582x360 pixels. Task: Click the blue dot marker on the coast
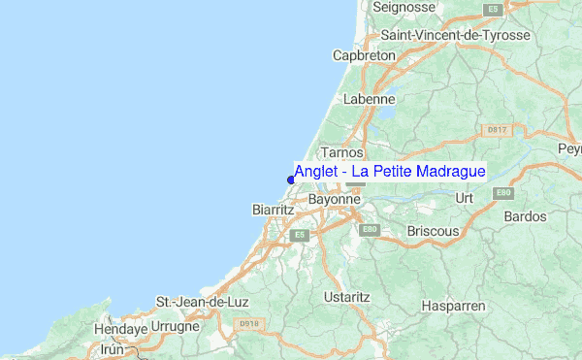(291, 179)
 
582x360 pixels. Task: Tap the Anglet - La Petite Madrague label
(390, 172)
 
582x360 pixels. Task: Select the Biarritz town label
(273, 209)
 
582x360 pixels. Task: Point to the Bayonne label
(335, 199)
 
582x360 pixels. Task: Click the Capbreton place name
(364, 55)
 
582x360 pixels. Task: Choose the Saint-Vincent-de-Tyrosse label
(456, 35)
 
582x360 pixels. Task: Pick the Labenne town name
(369, 99)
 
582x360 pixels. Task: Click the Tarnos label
(341, 152)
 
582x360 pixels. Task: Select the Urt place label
(464, 198)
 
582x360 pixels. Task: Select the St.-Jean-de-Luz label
(204, 302)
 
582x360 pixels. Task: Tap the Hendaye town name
(119, 330)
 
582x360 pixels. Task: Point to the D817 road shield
(496, 128)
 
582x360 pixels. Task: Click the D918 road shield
(250, 324)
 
